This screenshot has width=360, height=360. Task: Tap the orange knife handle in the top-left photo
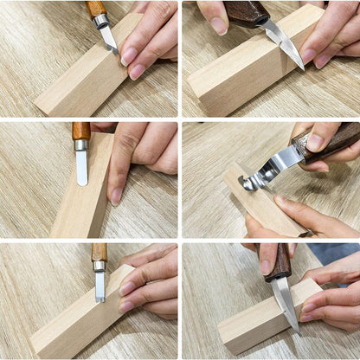coord(96,10)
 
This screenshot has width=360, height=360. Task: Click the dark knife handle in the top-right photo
coord(247,13)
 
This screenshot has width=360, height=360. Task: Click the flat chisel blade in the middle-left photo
coord(81,167)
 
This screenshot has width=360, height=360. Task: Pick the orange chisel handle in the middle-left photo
coord(80,131)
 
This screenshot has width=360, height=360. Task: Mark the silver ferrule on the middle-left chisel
coord(80,145)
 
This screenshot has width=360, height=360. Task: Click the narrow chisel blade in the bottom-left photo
coord(100,286)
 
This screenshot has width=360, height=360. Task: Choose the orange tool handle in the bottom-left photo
coord(100,252)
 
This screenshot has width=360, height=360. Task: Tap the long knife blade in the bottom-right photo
coord(286,303)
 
